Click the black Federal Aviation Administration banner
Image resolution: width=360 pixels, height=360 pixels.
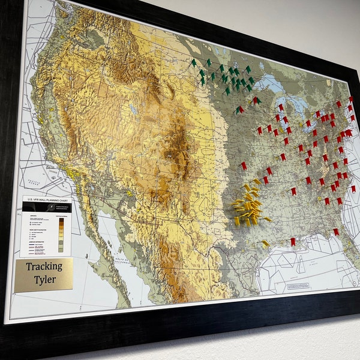tap(47, 206)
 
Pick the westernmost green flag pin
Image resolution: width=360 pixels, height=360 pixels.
tap(194, 62)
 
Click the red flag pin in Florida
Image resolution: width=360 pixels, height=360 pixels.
tap(335, 232)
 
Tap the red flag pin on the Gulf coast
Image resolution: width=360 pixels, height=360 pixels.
tap(293, 241)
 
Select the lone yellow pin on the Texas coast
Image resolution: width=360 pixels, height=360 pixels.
tap(265, 244)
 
